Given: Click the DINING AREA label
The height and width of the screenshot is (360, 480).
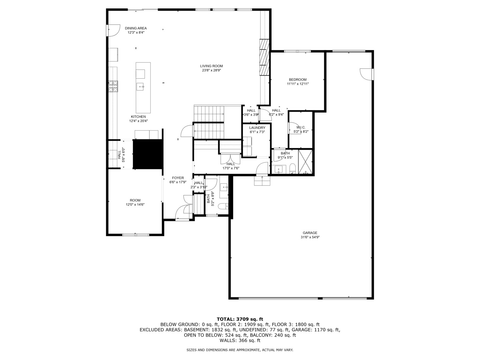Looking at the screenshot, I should (x=136, y=28).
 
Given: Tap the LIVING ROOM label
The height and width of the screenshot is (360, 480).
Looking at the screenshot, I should (x=211, y=66).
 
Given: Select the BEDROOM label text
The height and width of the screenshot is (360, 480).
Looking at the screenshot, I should (x=298, y=80).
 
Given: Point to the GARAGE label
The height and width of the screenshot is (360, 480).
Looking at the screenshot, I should (x=310, y=233).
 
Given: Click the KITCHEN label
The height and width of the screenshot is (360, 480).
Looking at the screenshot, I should (x=138, y=117).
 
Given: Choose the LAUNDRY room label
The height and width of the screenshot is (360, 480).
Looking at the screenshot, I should (x=257, y=128).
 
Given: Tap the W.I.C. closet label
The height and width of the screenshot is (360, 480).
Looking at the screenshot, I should (x=301, y=127).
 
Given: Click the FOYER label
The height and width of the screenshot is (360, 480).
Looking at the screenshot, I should (x=178, y=178).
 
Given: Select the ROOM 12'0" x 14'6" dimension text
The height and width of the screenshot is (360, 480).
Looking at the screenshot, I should (x=135, y=205).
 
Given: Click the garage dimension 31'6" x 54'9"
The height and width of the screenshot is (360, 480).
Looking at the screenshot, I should (x=310, y=237).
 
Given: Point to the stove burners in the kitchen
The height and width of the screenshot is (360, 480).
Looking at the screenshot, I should (x=113, y=86).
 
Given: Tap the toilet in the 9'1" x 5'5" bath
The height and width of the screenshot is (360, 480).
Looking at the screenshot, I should (x=292, y=169).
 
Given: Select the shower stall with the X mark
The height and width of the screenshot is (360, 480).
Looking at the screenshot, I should (x=305, y=162).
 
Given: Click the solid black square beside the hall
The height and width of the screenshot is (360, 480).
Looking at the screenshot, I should (x=147, y=154).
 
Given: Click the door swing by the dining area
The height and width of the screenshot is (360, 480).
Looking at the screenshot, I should (x=114, y=31).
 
